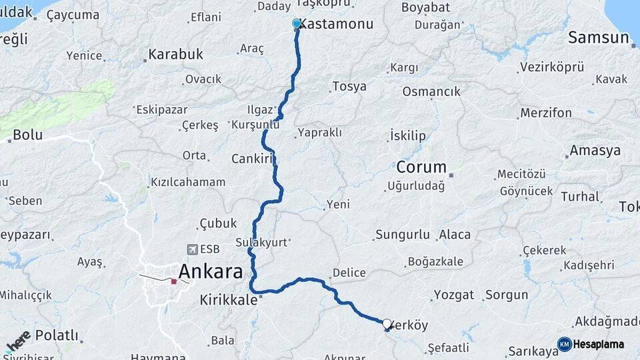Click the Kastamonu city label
pos(335,24)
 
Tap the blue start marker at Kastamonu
pos(297,24)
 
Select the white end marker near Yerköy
pos(387,324)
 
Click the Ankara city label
pos(211,271)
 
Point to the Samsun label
pos(599,38)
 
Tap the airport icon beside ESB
pos(193,249)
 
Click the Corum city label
pos(421,166)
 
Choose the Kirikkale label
pos(228,301)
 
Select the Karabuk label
pos(176,55)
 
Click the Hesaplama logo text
pos(598,344)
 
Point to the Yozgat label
pos(454,295)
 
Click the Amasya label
pos(595,150)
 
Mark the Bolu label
pos(27,135)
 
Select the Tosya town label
pos(349,87)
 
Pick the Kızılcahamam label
pos(188,182)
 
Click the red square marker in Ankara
pos(174,281)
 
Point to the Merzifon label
pos(546,113)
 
